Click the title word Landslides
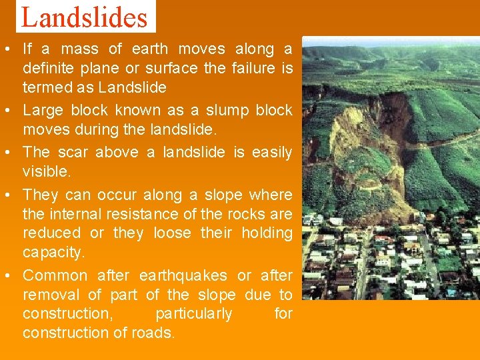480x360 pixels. [85, 17]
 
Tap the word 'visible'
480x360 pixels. [45, 171]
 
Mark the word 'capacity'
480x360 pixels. [53, 253]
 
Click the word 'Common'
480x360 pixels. [55, 275]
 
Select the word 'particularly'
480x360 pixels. [193, 313]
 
